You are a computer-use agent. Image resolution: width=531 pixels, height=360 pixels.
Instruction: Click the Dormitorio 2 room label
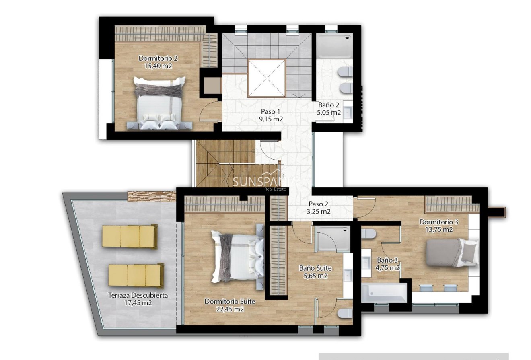click(x=158, y=58)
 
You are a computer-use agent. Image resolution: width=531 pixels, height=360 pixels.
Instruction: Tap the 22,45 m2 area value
click(x=230, y=309)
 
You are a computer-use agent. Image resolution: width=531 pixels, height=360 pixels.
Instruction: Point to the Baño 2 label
click(x=329, y=105)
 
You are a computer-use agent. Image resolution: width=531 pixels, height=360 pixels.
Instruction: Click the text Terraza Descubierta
click(x=138, y=295)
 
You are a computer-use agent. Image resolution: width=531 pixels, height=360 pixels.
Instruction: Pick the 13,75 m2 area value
click(x=438, y=229)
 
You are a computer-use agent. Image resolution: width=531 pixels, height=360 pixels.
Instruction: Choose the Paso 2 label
click(x=319, y=204)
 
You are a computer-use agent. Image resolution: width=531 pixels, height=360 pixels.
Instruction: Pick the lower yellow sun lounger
click(x=136, y=275)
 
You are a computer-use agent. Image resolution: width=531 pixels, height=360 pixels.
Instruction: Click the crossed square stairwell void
click(x=267, y=78)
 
